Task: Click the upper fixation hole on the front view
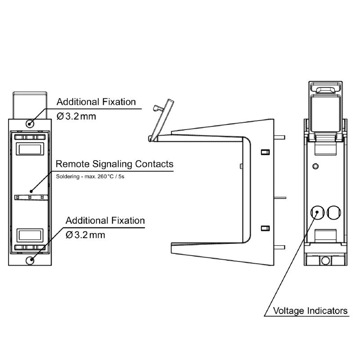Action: (30, 123)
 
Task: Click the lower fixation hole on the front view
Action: (30, 260)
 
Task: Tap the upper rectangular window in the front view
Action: (30, 148)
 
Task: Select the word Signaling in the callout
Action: (112, 164)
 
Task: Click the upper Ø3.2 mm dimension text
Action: (76, 116)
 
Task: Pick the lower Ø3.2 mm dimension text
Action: (85, 235)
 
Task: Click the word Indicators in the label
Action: (328, 310)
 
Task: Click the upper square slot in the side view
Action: (265, 152)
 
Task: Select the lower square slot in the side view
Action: (265, 228)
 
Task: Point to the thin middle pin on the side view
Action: (280, 197)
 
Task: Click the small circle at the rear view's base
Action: (325, 260)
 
